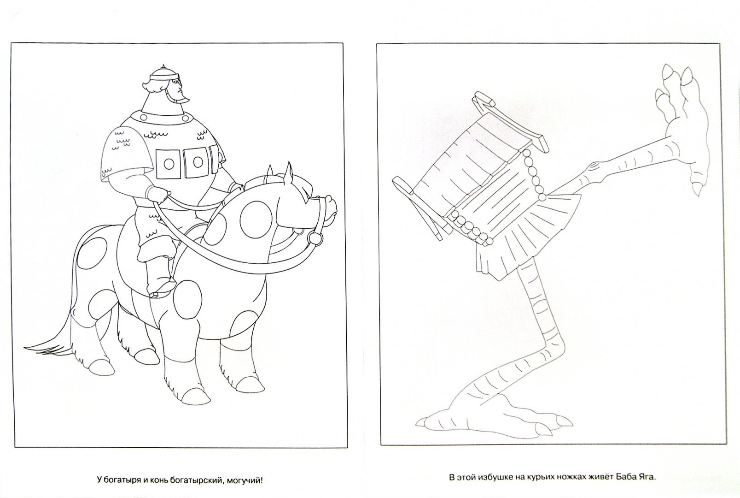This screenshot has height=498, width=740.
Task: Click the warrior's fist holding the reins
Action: tap(162, 197)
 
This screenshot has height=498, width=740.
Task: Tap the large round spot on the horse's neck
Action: tap(256, 219)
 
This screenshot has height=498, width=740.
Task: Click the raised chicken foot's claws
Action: tap(674, 88)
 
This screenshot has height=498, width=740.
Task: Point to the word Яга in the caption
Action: tap(643, 477)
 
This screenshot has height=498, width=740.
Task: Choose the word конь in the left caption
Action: tap(158, 480)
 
